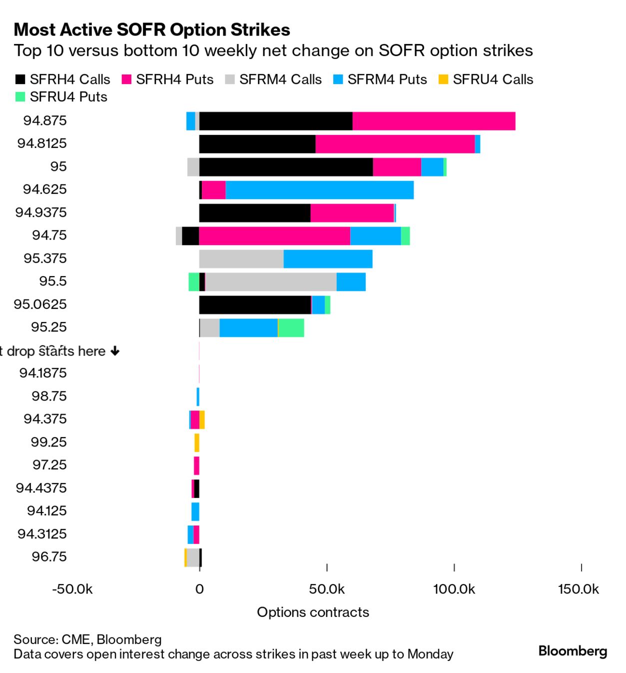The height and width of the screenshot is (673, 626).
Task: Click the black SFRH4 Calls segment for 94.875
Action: point(276,121)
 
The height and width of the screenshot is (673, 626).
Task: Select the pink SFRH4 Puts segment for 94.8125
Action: point(395,144)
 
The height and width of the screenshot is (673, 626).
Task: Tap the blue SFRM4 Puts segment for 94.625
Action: point(320,190)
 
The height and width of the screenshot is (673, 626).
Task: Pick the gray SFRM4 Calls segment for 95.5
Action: point(271,282)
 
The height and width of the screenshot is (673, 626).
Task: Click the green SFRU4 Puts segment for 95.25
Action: point(291,328)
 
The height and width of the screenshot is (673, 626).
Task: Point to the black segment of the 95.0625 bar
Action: point(255,305)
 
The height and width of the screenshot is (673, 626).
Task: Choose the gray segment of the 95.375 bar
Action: point(241,259)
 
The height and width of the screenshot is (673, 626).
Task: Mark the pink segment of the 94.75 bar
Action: point(275,236)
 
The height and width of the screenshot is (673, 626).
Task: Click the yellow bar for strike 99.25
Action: point(197,443)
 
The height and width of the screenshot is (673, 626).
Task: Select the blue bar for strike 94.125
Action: point(195,511)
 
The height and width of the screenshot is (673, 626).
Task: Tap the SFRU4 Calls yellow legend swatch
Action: point(443,79)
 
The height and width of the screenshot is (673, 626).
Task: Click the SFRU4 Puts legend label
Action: point(68,97)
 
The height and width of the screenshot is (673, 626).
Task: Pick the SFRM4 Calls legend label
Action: point(280,79)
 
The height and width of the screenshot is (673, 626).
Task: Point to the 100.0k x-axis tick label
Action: point(454,589)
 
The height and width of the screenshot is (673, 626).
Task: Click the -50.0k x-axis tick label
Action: point(72,589)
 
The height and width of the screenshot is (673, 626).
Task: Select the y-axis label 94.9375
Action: point(41,212)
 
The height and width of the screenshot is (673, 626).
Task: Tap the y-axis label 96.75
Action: point(49,556)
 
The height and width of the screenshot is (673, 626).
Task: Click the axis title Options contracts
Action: point(313,612)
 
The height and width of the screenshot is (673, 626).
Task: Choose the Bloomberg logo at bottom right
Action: point(573,651)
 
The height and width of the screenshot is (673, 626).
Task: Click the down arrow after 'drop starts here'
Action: point(115,351)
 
